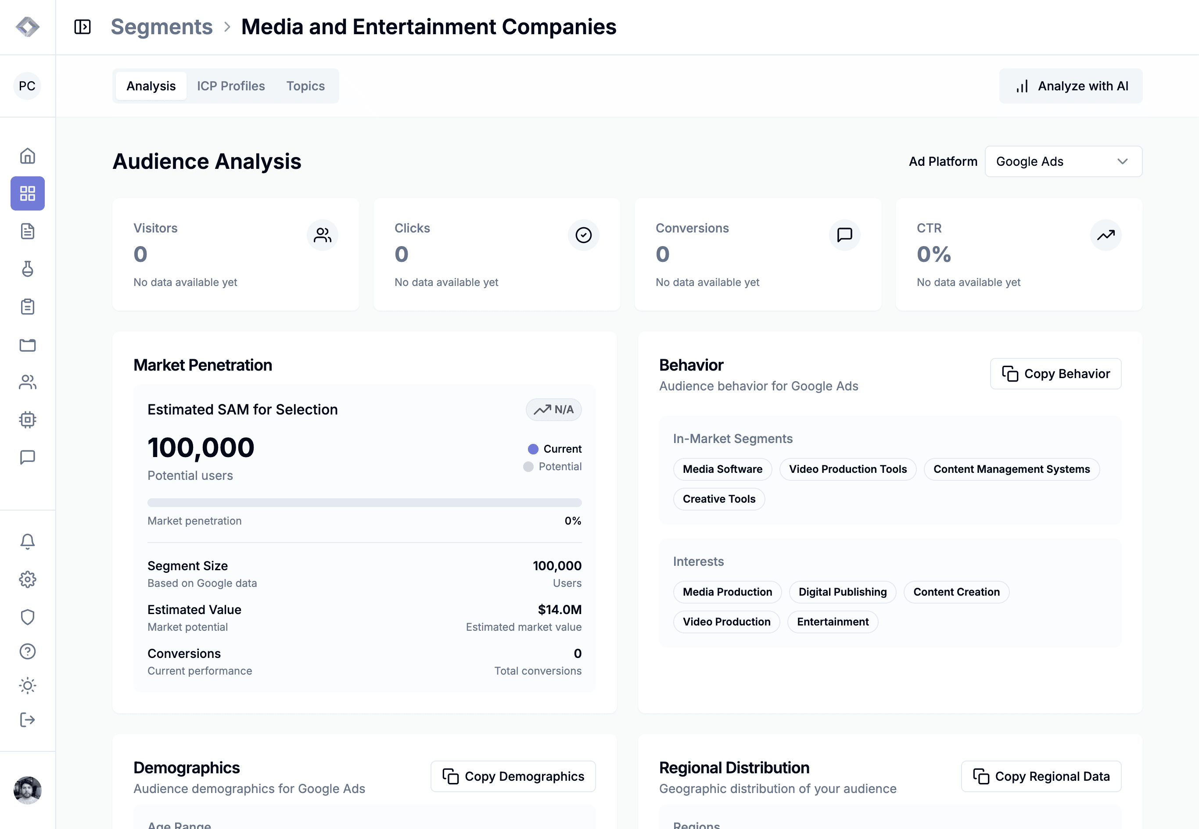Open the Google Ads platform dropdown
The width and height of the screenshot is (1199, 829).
click(1063, 161)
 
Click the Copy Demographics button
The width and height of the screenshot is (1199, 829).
click(513, 776)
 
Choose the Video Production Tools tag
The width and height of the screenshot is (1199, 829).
click(847, 469)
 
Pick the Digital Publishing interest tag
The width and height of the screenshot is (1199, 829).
click(843, 592)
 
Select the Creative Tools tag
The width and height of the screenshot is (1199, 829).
click(719, 499)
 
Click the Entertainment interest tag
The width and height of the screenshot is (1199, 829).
click(833, 622)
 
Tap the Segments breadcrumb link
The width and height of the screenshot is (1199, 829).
click(162, 26)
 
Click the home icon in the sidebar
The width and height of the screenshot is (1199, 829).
click(28, 156)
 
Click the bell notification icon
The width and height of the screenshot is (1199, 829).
click(28, 541)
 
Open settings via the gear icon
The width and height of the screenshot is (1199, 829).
click(28, 579)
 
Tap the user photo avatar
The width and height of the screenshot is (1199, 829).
click(28, 790)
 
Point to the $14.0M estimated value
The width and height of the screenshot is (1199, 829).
click(560, 609)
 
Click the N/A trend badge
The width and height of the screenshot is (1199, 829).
click(553, 409)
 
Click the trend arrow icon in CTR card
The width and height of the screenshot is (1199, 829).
click(1106, 235)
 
